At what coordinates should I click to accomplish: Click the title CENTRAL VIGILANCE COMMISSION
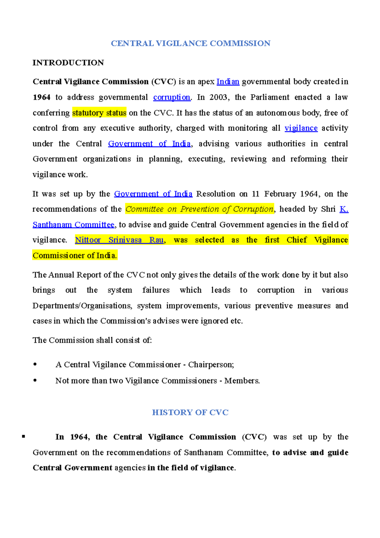(x=190, y=43)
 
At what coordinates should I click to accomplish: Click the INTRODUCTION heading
(x=68, y=63)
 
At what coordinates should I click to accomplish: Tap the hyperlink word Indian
(x=228, y=82)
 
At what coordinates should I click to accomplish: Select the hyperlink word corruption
(x=172, y=97)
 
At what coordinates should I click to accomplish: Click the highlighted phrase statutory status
(x=99, y=113)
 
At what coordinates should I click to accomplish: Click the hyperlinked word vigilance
(x=301, y=128)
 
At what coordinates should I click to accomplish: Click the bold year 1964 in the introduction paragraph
(x=41, y=97)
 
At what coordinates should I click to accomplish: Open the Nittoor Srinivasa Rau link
(x=120, y=240)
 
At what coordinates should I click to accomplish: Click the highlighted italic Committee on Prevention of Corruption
(x=199, y=209)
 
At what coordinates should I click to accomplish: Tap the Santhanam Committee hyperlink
(x=73, y=225)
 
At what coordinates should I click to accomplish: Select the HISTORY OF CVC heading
(x=190, y=412)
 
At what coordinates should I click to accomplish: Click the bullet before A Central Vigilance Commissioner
(x=35, y=364)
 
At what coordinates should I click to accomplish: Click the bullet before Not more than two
(x=35, y=380)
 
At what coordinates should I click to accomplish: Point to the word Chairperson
(x=210, y=365)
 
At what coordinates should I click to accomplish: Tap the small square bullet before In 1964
(x=23, y=437)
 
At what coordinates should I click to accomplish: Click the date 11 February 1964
(x=286, y=194)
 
